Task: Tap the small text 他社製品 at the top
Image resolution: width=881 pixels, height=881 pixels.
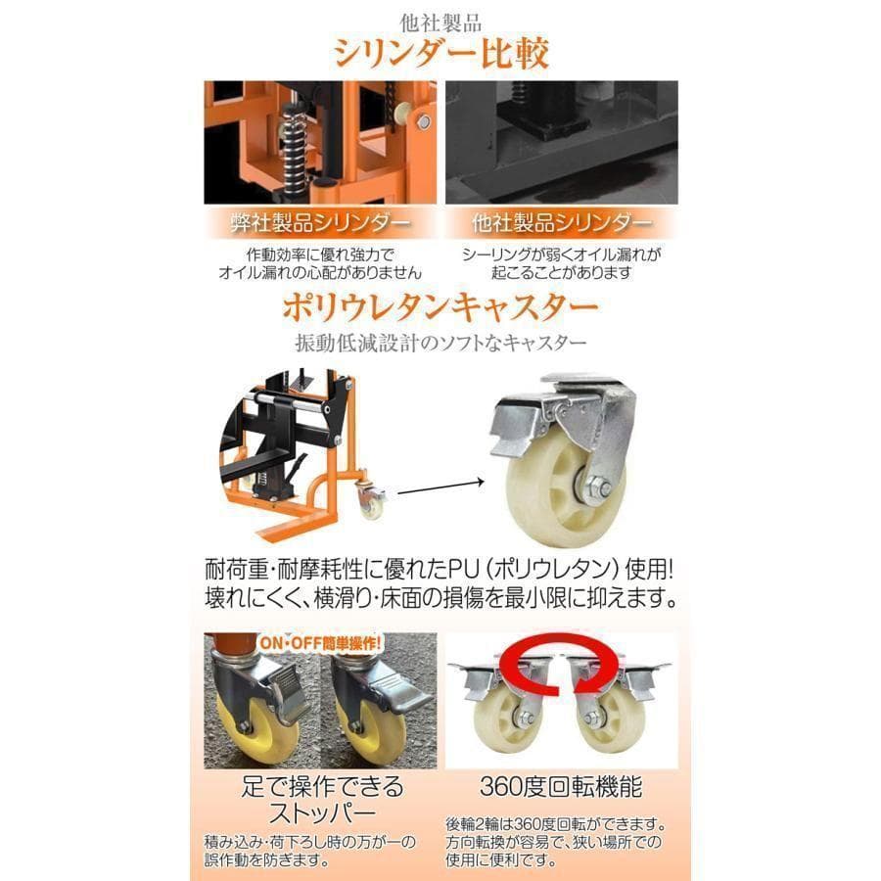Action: [440, 18]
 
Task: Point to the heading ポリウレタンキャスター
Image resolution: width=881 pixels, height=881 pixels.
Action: [440, 309]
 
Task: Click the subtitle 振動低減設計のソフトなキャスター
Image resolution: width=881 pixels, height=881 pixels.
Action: [440, 344]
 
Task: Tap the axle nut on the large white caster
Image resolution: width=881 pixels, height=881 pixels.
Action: [598, 486]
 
